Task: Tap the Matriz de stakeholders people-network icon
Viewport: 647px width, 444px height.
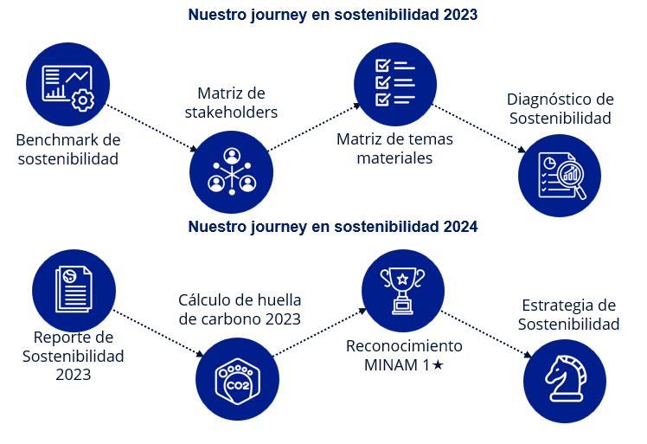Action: click(x=231, y=171)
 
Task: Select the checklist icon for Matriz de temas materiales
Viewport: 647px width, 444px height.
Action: click(x=395, y=84)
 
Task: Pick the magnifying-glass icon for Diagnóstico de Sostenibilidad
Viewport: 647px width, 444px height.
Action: click(x=560, y=175)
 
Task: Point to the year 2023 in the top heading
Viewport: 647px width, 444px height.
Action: click(x=459, y=15)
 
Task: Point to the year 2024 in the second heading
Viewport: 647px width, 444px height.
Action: click(x=459, y=228)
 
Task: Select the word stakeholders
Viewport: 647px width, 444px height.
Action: click(x=231, y=113)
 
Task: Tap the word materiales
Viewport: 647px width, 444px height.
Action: click(x=395, y=158)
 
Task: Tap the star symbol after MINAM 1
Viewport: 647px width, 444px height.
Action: click(x=438, y=365)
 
